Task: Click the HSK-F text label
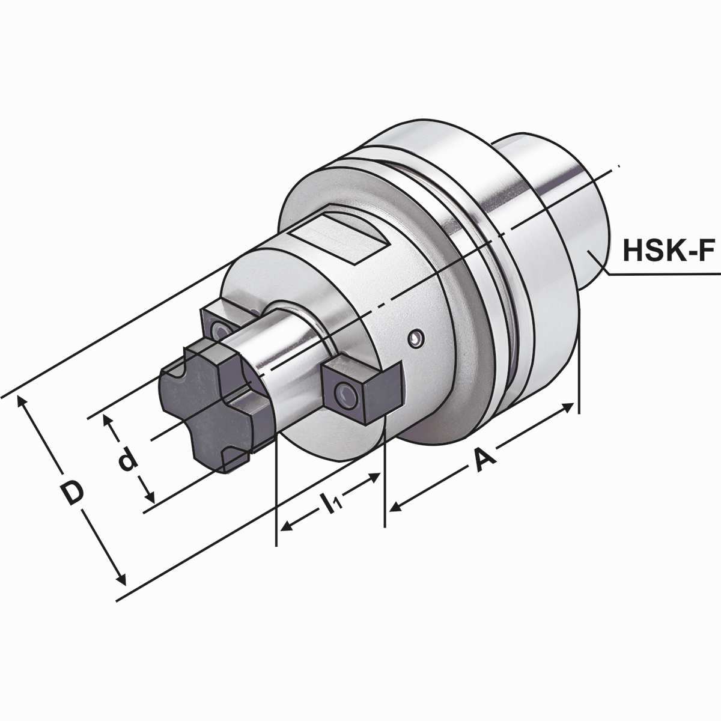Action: [668, 251]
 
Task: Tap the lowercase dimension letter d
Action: [127, 461]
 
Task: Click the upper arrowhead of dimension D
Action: [24, 403]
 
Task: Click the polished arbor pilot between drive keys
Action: [282, 348]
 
